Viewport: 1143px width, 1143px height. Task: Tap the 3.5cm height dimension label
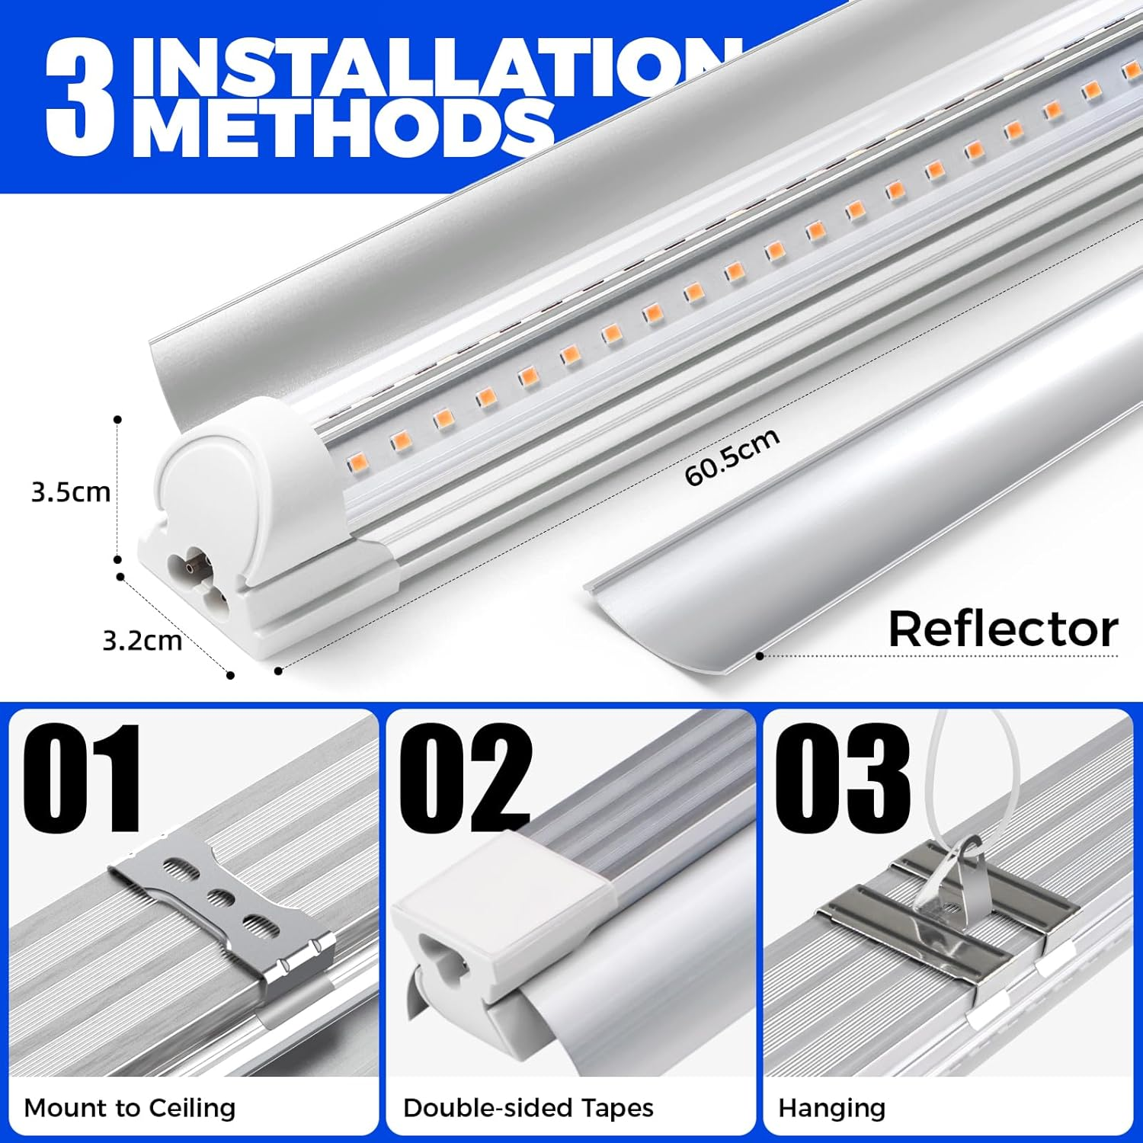pyautogui.click(x=71, y=492)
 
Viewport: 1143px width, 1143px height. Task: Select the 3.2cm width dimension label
pyautogui.click(x=142, y=640)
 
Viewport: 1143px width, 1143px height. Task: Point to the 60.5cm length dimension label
pyautogui.click(x=732, y=456)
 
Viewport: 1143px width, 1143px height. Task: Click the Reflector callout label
pyautogui.click(x=1003, y=629)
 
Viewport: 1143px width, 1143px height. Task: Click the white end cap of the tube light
pyautogui.click(x=221, y=472)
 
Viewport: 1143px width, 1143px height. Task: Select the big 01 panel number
pyautogui.click(x=82, y=779)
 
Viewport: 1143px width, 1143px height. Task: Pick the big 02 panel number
pyautogui.click(x=465, y=779)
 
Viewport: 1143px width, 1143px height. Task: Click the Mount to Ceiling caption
pyautogui.click(x=130, y=1107)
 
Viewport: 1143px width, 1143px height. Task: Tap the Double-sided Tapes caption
pyautogui.click(x=528, y=1107)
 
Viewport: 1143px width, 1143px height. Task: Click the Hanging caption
pyautogui.click(x=831, y=1107)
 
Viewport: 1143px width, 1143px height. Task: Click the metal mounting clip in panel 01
pyautogui.click(x=229, y=907)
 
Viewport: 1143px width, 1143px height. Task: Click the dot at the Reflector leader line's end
pyautogui.click(x=760, y=655)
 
